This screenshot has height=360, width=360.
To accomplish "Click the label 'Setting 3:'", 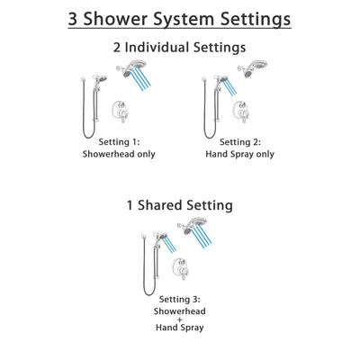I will (179, 299).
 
